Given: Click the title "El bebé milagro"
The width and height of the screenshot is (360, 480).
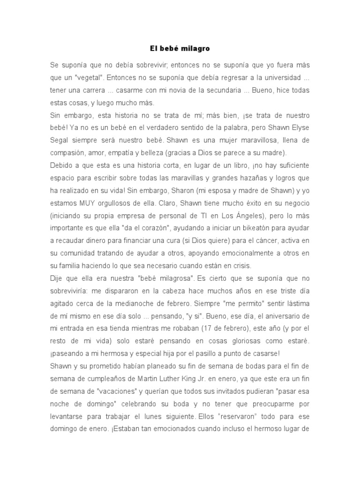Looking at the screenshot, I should point(180,48).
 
